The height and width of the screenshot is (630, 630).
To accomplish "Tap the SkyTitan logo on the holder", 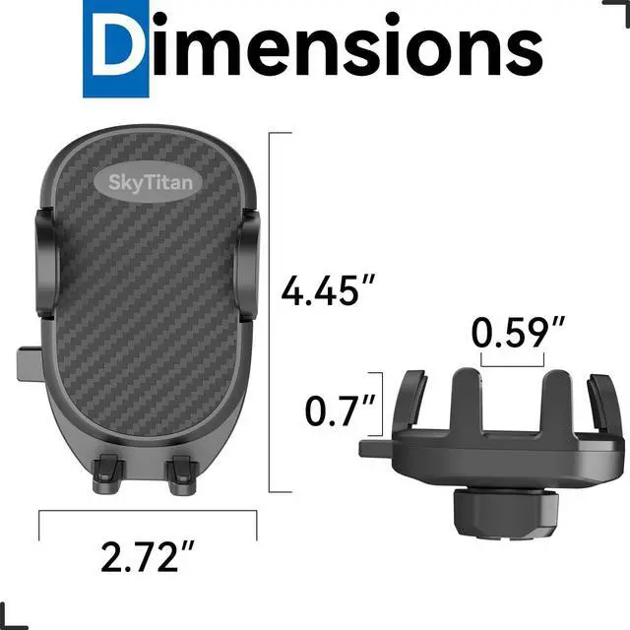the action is pos(150,183).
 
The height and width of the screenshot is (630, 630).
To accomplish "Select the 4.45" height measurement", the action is pos(328,289).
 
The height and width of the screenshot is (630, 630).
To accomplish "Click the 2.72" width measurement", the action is pos(147,556).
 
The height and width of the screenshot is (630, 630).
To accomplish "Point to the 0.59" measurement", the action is pos(518,332).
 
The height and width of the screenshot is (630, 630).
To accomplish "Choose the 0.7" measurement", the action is pos(340,410).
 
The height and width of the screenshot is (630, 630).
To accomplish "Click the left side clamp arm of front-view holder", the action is pos(47,264).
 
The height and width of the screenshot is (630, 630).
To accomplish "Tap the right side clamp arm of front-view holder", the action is pos(247,265).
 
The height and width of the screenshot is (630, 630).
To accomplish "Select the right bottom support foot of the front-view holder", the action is pos(182,475).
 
